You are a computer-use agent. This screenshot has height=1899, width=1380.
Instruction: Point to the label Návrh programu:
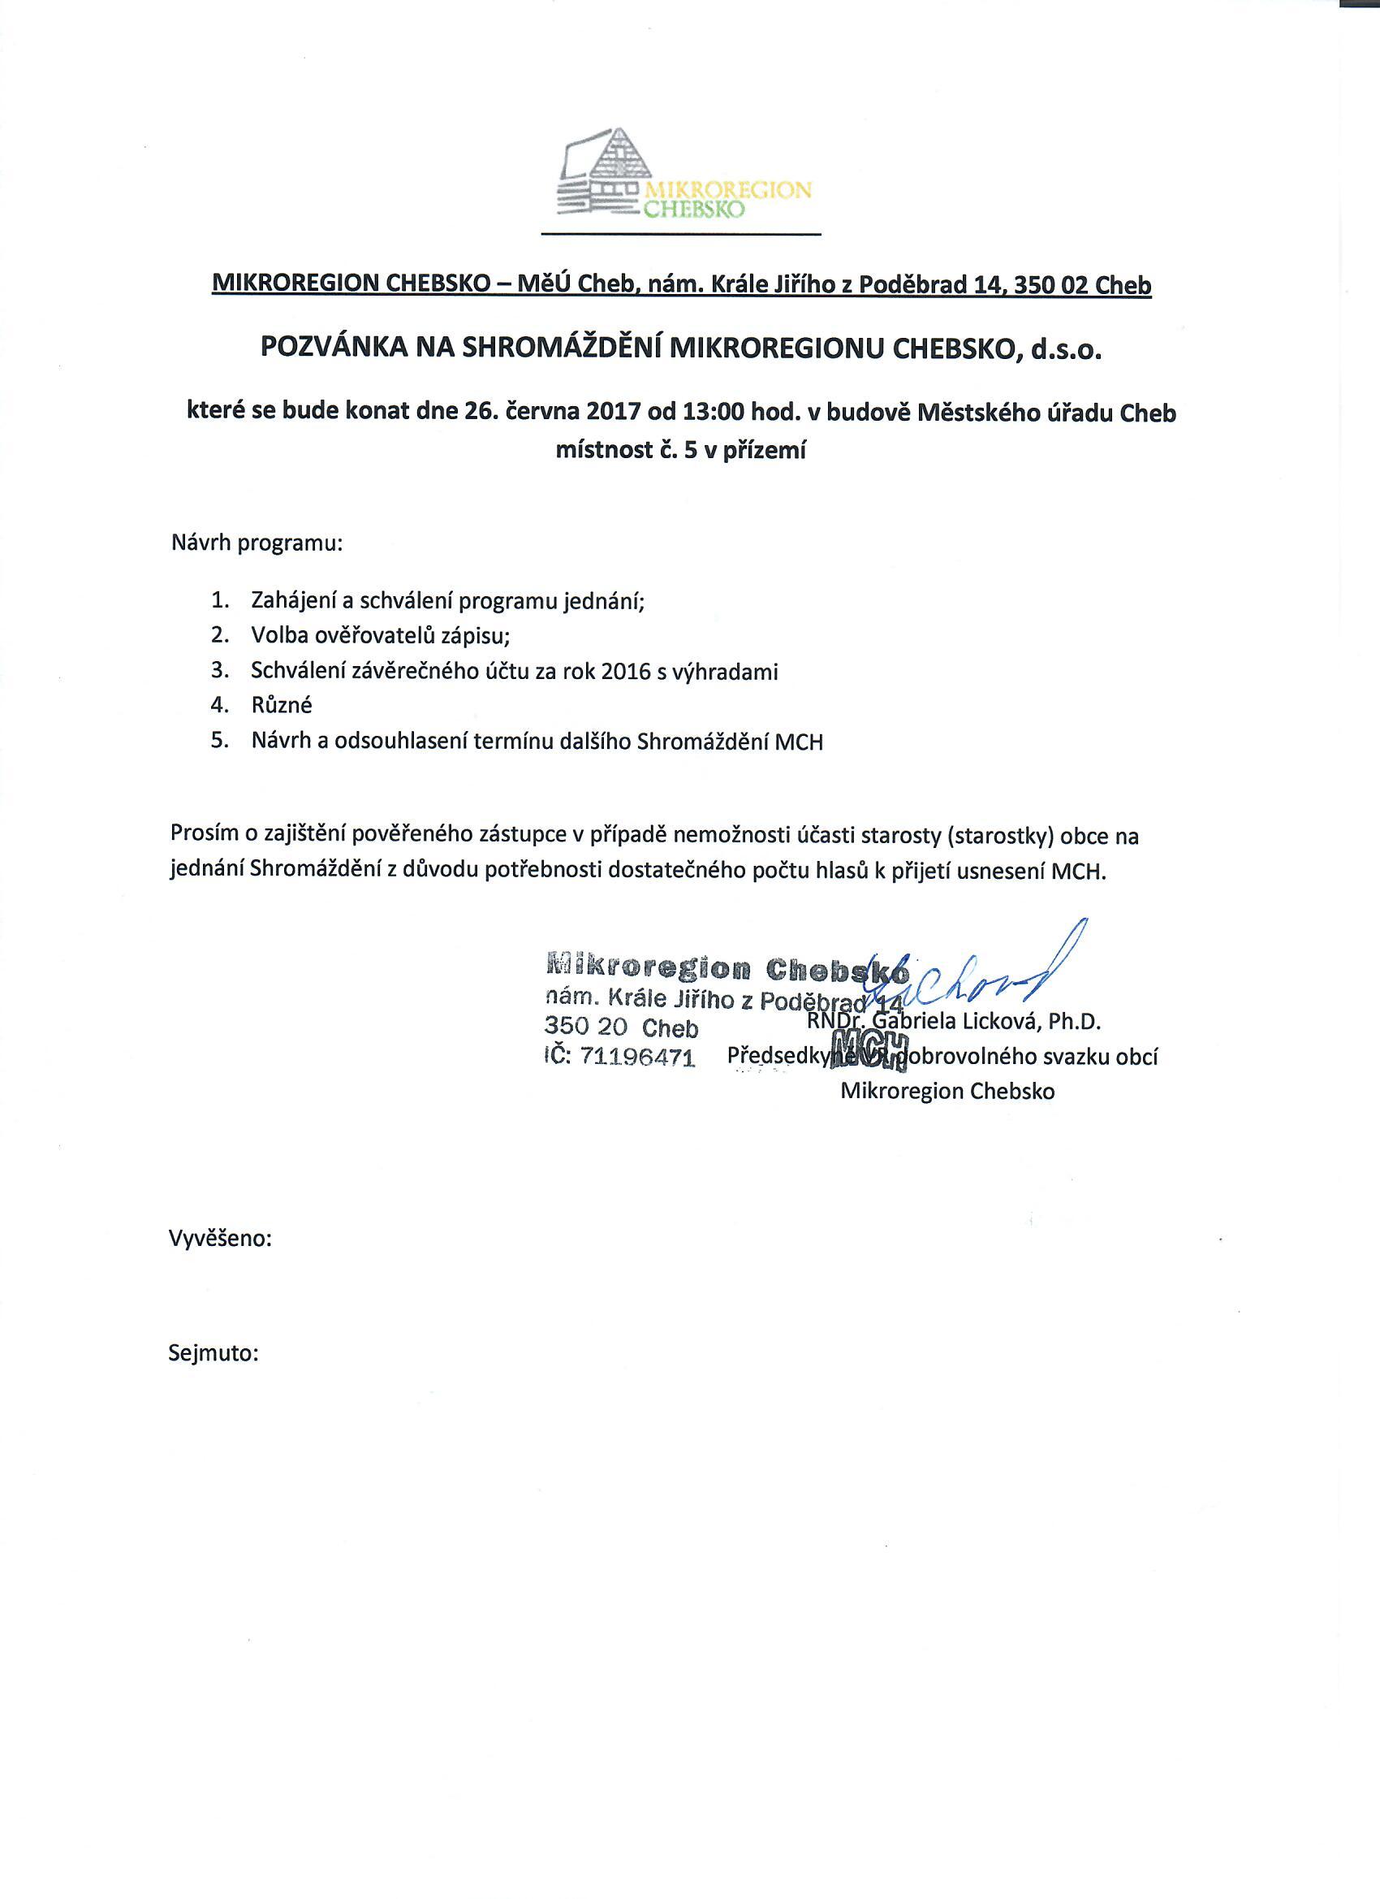tap(257, 543)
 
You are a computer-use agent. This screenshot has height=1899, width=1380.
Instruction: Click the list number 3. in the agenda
tap(219, 671)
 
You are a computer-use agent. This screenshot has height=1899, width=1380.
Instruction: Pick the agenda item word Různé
tap(281, 705)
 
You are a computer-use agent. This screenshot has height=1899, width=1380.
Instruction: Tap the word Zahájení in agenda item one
tap(290, 601)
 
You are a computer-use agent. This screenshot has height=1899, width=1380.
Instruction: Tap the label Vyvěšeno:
tap(220, 1239)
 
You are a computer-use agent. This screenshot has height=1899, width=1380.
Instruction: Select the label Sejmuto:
tap(213, 1354)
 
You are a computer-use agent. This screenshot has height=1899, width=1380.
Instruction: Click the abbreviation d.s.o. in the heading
tap(1066, 348)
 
